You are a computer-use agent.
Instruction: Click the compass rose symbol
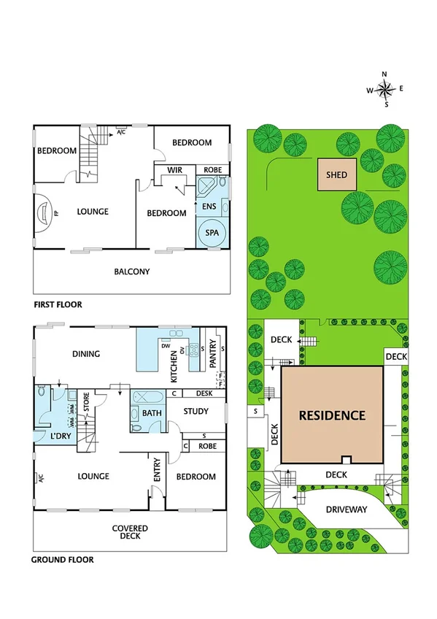click(x=385, y=89)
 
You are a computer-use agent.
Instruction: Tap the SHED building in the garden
click(x=336, y=175)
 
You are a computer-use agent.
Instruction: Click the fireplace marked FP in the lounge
click(x=43, y=214)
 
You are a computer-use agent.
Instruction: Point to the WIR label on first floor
click(x=174, y=170)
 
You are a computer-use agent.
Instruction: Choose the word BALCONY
click(x=132, y=272)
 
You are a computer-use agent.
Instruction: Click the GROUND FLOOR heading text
click(x=62, y=561)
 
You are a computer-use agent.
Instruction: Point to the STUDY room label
click(x=196, y=411)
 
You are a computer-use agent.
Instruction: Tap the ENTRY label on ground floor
click(x=157, y=472)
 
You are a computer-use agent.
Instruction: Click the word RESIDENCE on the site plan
click(x=332, y=415)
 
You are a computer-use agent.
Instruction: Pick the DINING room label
click(x=85, y=354)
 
